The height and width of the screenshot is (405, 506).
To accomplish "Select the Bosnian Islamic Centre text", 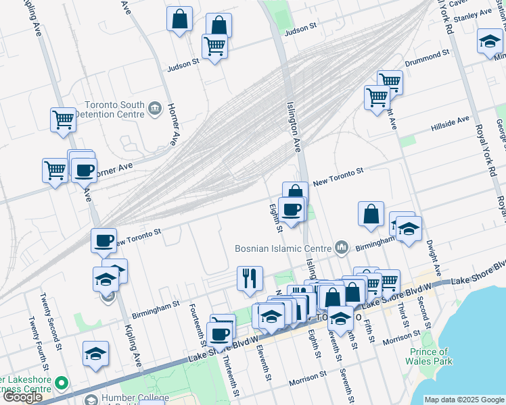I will tap(283, 248).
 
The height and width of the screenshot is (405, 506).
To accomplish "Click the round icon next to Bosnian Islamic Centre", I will tap(342, 248).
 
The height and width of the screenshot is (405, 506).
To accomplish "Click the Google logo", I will tap(22, 398).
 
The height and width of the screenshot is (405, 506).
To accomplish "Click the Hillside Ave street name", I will tap(450, 123).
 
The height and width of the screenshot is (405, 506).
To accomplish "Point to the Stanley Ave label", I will tap(471, 21).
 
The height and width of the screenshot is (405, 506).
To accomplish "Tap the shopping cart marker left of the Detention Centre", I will tap(63, 119).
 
